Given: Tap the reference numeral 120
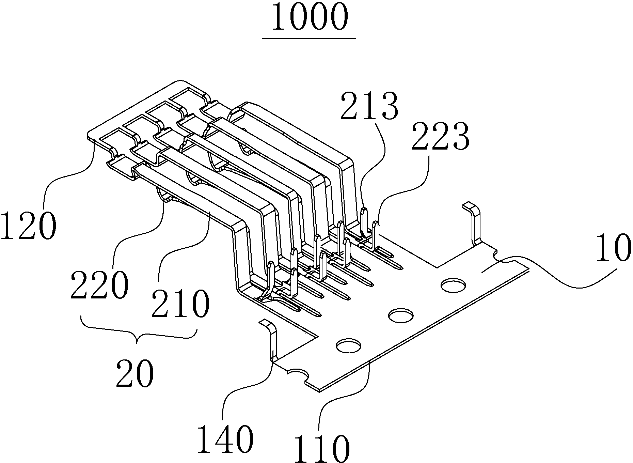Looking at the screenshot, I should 28,226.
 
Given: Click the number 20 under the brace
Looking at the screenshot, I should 135,374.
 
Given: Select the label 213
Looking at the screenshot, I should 369,106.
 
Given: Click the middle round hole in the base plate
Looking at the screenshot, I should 401,315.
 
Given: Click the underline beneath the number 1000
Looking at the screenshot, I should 309,38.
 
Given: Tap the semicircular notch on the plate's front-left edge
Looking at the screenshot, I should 299,374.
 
